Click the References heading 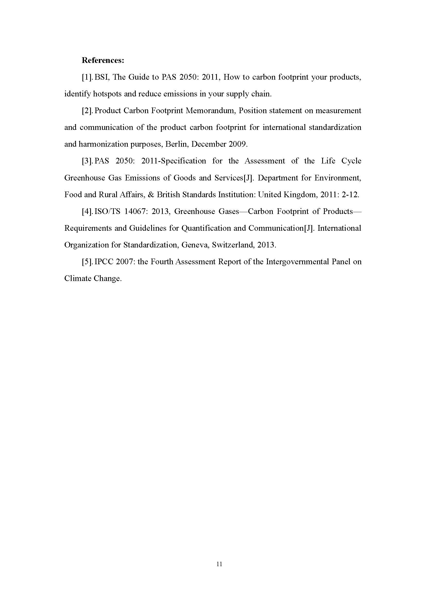[x=103, y=60]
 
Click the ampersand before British [x=151, y=195]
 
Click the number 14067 [x=134, y=211]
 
